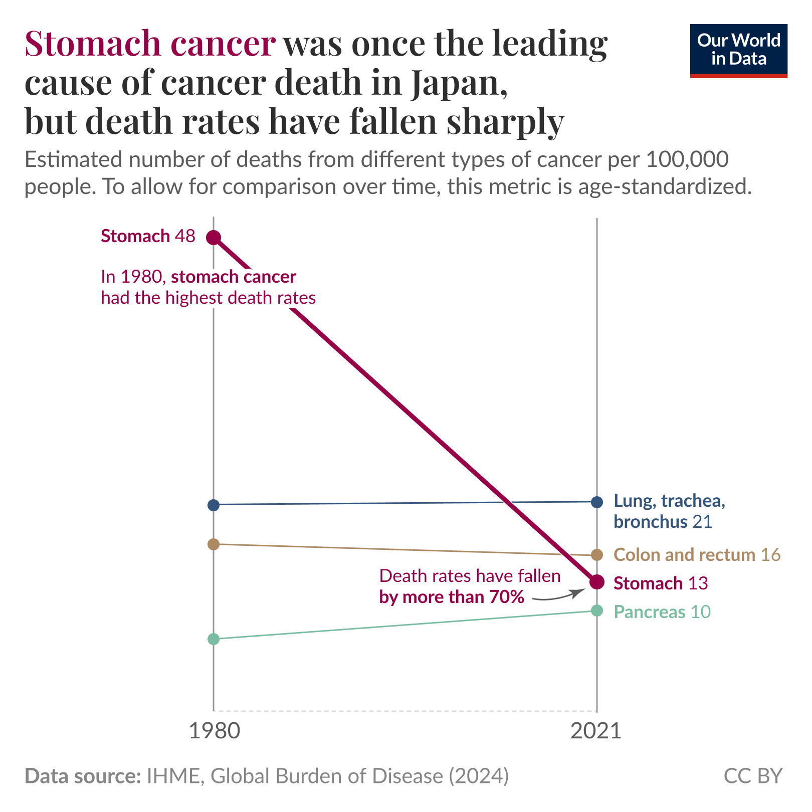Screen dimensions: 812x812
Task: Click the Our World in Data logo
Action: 738,50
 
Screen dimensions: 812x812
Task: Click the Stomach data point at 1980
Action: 214,237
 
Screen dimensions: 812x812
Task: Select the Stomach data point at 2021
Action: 596,582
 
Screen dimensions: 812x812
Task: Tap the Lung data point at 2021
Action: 596,502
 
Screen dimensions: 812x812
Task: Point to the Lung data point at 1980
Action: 214,505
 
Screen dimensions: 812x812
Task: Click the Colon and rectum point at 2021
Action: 596,555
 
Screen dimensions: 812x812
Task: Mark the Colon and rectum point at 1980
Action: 214,544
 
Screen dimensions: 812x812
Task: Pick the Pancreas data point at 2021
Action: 596,611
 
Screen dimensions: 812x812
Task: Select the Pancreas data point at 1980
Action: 214,639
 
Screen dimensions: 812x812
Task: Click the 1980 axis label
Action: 215,731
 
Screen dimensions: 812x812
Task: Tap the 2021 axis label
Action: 596,731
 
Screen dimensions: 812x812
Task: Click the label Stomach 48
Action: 148,236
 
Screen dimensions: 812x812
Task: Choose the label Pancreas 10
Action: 662,612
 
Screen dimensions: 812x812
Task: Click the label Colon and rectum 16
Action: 697,555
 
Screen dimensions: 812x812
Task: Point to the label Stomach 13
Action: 661,583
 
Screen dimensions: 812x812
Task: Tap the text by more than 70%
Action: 452,597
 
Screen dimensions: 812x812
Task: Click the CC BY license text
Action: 753,776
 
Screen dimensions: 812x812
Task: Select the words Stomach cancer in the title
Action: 149,44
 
